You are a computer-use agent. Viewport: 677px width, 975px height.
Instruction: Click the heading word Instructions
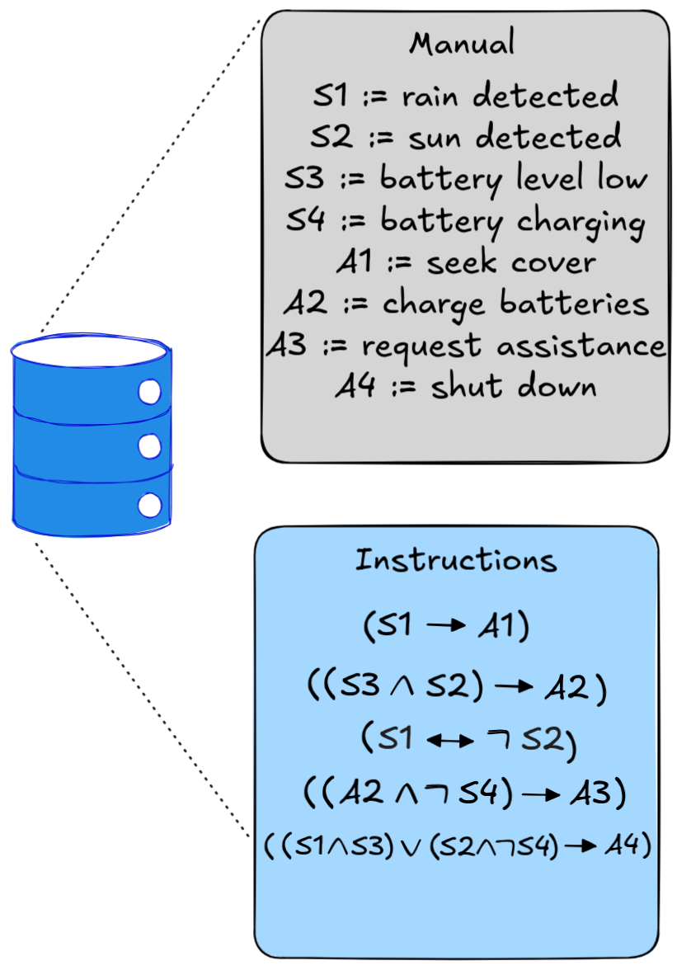coord(456,561)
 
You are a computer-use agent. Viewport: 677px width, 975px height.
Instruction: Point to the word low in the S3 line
coord(621,177)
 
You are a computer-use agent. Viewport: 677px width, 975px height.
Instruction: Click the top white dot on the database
coord(149,393)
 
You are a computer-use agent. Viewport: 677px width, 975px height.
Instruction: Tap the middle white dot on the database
coord(149,446)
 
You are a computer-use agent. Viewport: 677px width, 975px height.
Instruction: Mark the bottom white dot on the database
coord(149,504)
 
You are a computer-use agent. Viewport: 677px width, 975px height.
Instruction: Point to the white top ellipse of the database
coord(91,349)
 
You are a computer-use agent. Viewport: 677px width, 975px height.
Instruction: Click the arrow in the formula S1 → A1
coord(446,626)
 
